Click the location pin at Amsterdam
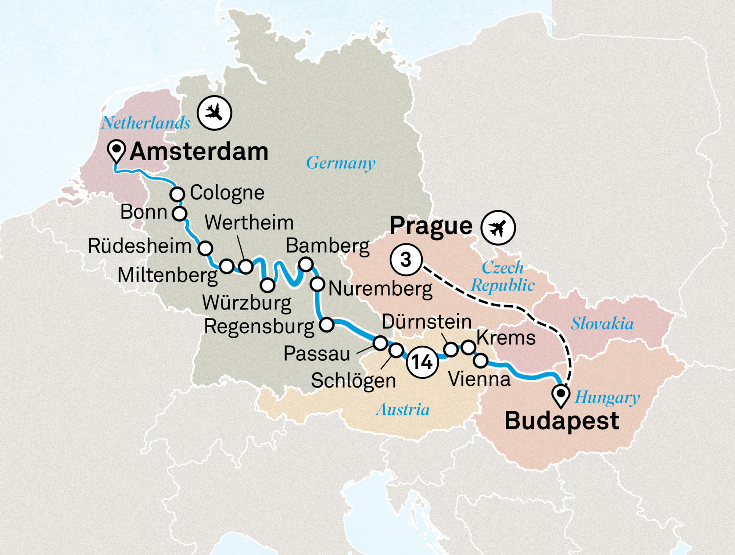point(116,150)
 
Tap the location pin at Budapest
point(561,395)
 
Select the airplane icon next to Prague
point(498,228)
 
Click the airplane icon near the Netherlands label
point(214,112)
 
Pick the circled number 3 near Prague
point(406,260)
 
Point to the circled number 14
point(422,362)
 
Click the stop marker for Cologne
point(177,194)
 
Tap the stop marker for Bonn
point(180,213)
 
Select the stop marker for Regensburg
point(327,325)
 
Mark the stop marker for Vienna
point(481,361)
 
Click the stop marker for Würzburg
point(268,285)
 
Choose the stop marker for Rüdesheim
point(205,248)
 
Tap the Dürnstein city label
point(427,322)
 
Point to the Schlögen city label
point(353,381)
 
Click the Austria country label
point(402,410)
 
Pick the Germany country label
point(341,163)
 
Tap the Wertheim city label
point(249,223)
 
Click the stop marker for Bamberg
point(306,264)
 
